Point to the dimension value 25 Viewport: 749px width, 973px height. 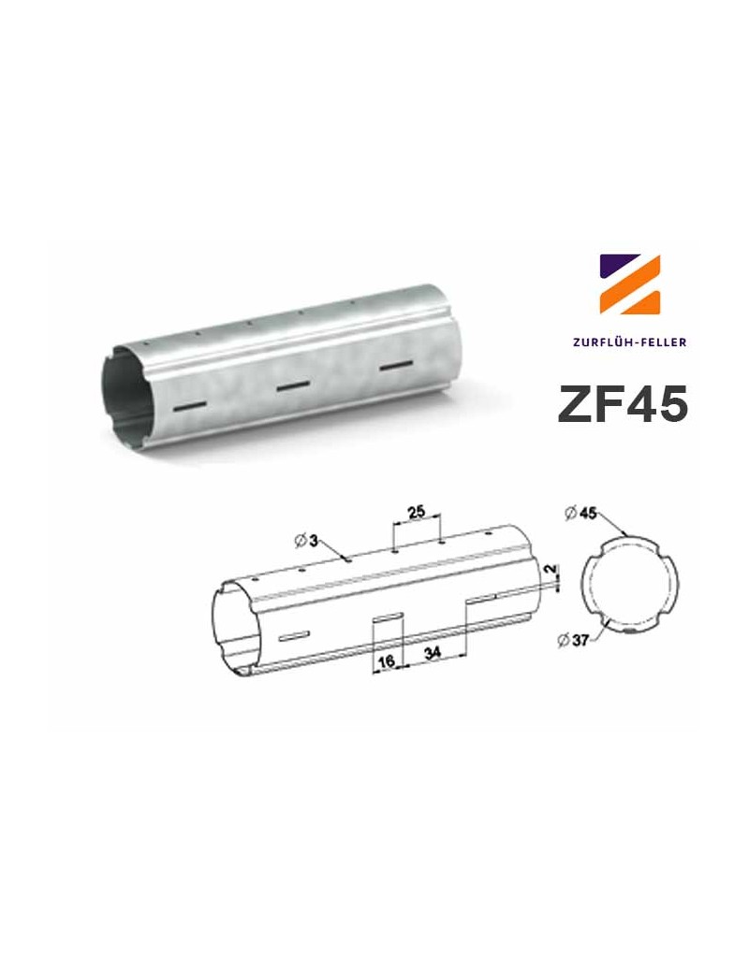[417, 511]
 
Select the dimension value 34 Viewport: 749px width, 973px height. [433, 654]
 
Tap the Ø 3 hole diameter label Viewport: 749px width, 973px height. [308, 540]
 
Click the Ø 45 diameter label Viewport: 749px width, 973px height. [582, 513]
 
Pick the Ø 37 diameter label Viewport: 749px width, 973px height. [572, 640]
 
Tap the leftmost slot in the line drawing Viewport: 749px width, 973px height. [293, 637]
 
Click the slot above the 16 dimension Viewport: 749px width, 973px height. [388, 616]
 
